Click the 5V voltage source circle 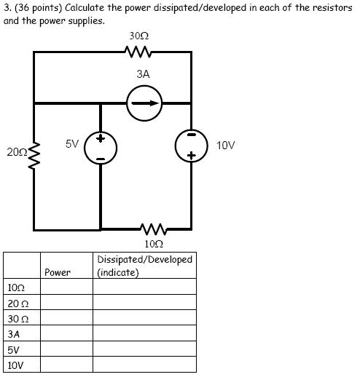[101, 148]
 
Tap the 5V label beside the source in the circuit [72, 143]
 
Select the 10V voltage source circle [191, 146]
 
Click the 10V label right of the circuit [226, 145]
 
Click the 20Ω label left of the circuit [15, 152]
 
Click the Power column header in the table [58, 272]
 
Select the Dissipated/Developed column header [144, 266]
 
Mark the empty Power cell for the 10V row [66, 365]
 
